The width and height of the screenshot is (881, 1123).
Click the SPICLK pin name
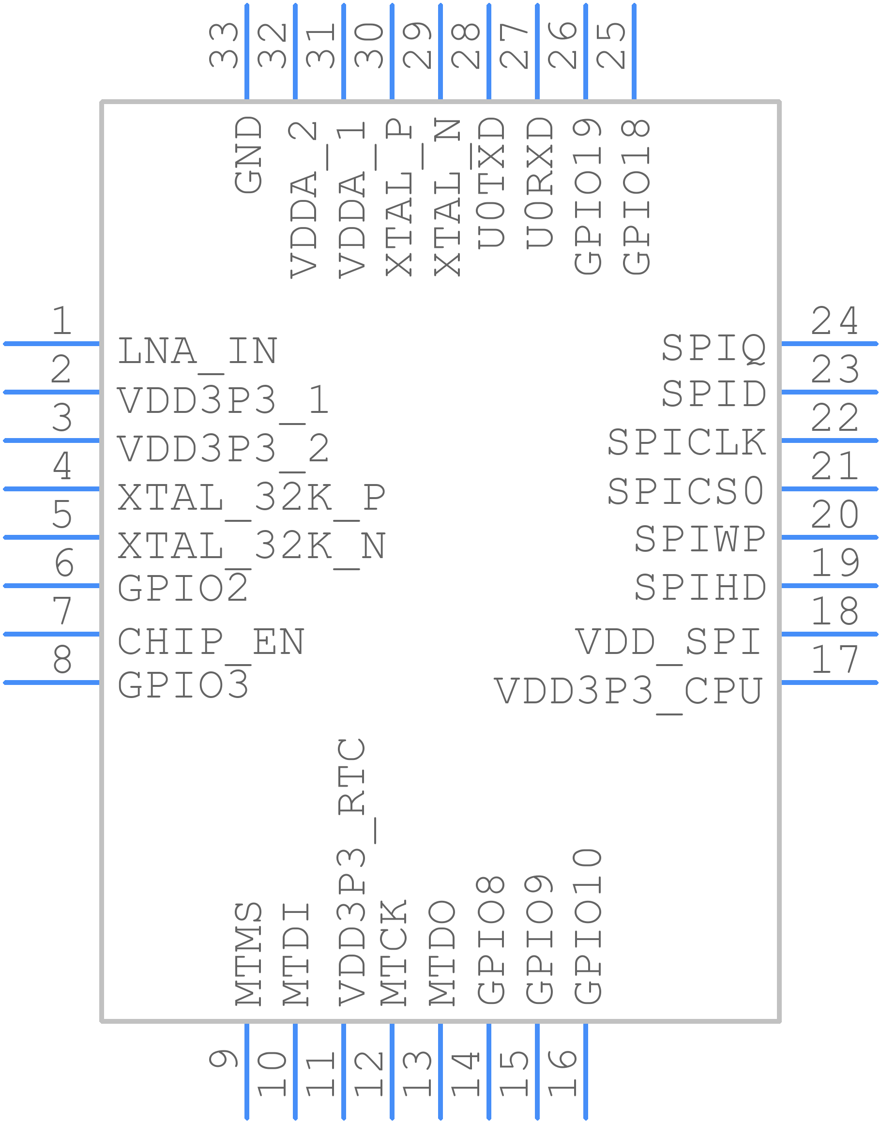click(686, 442)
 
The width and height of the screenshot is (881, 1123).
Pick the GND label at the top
click(249, 154)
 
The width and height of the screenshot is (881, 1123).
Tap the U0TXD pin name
click(490, 182)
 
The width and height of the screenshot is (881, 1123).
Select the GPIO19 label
click(588, 196)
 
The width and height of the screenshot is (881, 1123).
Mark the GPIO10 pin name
click(588, 926)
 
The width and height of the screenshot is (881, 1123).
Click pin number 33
click(223, 46)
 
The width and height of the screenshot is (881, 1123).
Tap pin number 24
click(835, 321)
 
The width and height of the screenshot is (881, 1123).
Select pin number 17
click(835, 660)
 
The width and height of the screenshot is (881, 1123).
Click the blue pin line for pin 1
click(52, 344)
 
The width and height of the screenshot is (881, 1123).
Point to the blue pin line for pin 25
click(634, 51)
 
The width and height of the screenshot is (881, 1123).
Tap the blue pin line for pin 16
click(585, 1071)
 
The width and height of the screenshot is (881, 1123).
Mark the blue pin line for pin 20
click(829, 537)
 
